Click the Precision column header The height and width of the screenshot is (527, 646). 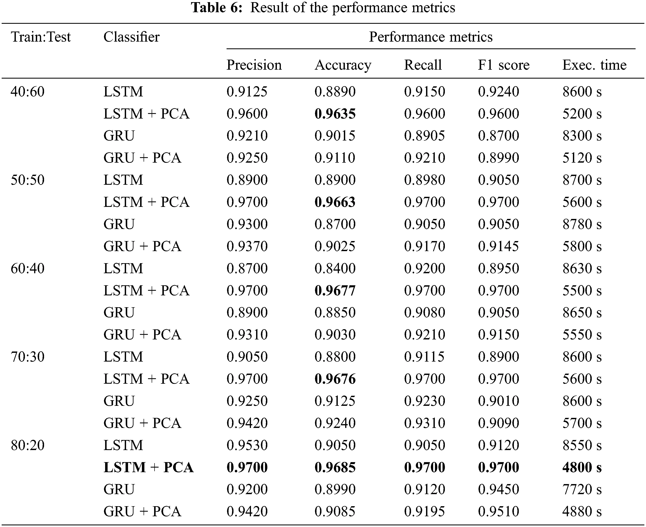(x=254, y=65)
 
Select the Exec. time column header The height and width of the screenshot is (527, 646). (x=594, y=65)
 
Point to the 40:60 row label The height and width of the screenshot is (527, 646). (x=28, y=92)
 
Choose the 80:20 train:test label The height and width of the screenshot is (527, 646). (x=28, y=445)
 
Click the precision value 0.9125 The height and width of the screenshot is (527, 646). (x=247, y=92)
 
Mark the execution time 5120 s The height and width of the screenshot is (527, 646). (x=582, y=158)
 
